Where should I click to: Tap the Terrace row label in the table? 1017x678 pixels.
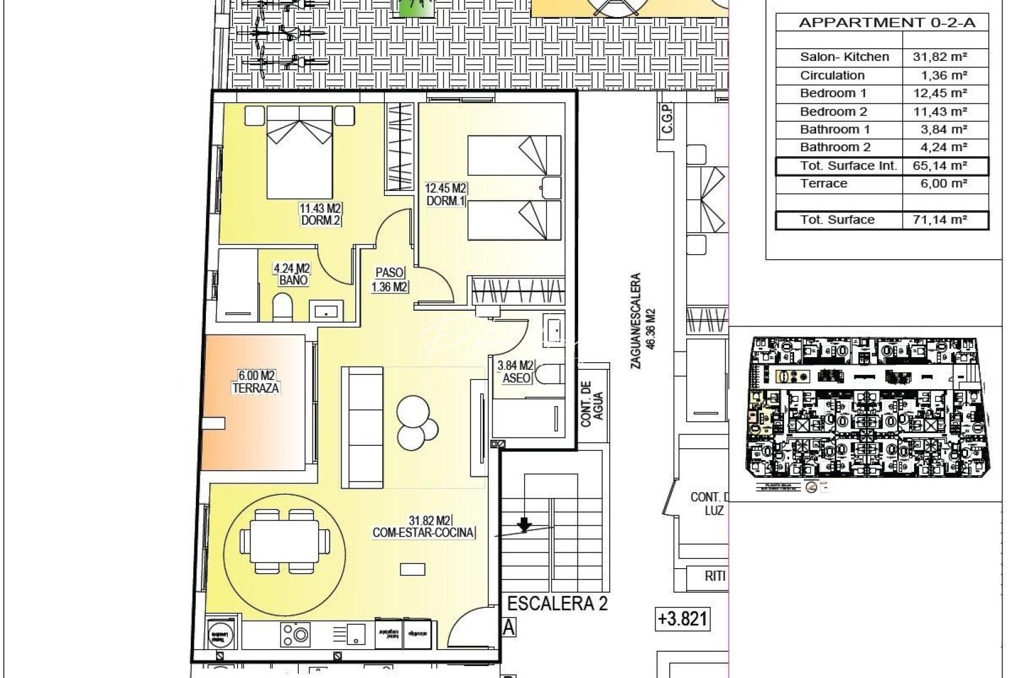point(824,183)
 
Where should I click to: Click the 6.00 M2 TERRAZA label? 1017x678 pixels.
point(256,382)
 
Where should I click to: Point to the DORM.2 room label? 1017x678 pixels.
point(320,220)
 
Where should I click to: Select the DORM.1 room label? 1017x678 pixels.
point(446,200)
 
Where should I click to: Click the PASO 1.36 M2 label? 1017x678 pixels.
point(390,280)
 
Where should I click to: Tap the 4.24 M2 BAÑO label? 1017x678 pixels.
point(292,274)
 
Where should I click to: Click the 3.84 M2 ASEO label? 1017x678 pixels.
point(515,372)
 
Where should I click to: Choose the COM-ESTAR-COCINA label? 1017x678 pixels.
point(424,533)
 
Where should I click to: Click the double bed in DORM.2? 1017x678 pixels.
point(299,151)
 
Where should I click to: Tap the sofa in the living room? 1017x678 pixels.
point(362,427)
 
